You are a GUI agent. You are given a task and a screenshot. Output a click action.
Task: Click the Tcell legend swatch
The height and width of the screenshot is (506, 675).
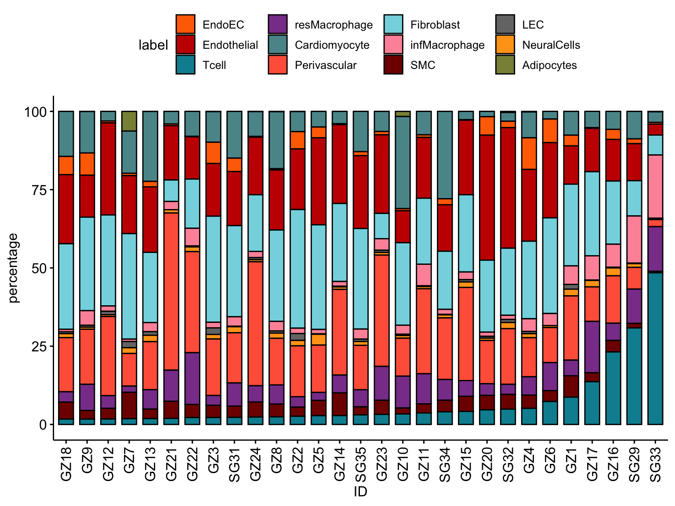tap(185, 65)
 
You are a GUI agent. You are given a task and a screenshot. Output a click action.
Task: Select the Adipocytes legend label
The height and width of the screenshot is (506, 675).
tap(549, 65)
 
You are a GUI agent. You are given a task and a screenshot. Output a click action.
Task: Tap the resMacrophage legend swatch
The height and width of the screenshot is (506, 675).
tap(278, 25)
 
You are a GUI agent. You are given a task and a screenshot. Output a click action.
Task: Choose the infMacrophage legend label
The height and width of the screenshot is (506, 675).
tap(447, 45)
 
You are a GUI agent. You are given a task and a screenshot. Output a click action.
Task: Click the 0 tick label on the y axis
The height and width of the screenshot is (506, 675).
tap(43, 425)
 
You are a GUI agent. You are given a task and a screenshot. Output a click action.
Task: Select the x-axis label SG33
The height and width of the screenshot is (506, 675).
tap(655, 464)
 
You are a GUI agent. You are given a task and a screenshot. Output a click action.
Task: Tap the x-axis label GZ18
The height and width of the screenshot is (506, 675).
tap(66, 464)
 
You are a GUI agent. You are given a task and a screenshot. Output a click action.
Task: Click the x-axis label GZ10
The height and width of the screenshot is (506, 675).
tap(403, 464)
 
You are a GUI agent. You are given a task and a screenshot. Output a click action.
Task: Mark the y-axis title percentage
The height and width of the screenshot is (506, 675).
tap(14, 268)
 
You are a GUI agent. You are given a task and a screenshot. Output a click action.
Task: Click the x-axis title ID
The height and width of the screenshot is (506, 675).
tap(360, 492)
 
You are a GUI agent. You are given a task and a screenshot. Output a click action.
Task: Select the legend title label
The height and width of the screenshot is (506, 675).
tap(153, 45)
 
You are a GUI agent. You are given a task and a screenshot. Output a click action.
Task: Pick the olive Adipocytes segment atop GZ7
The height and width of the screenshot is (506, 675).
tap(129, 121)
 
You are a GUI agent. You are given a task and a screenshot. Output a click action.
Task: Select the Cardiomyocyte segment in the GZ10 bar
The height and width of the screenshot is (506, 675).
tap(403, 163)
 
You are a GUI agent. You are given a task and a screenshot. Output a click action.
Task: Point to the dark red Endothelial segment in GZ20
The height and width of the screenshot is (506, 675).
tap(487, 198)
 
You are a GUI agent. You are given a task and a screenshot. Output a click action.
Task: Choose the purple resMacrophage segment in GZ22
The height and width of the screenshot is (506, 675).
tap(192, 378)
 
